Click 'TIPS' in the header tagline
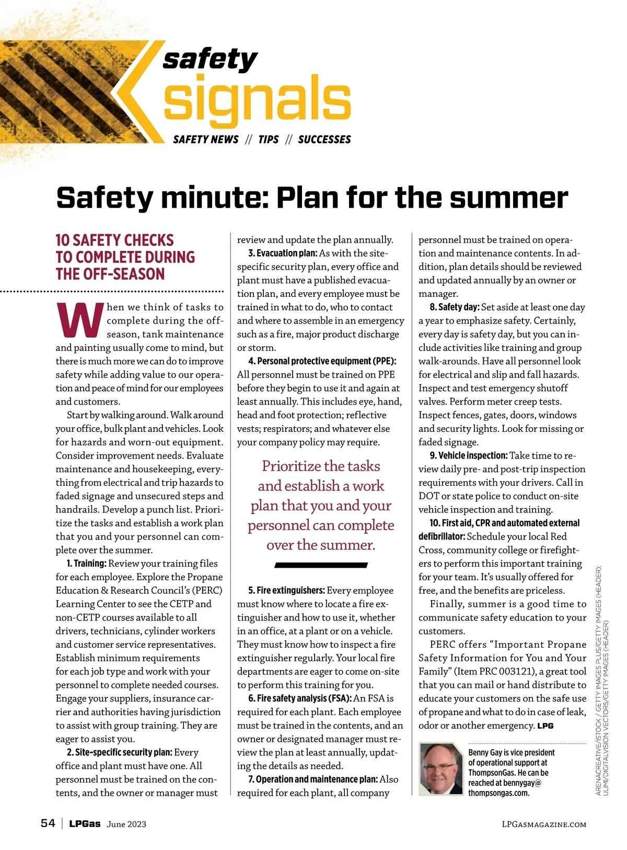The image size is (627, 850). pos(269,140)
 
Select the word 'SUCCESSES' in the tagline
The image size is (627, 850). pos(324,140)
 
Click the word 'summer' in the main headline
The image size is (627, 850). pos(508,198)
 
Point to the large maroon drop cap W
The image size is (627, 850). pos(79,320)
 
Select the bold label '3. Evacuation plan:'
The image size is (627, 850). pos(283,254)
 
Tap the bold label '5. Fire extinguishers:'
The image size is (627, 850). pos(286,591)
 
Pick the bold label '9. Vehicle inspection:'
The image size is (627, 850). pos(469,456)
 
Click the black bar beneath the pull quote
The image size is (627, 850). pos(321,565)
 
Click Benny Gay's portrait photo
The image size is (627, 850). pos(441,769)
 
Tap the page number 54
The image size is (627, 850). pos(48,823)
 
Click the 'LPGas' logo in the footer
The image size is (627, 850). pos(85,824)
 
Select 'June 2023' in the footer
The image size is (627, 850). pos(126,824)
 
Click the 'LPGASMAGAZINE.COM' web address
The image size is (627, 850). pos(544,824)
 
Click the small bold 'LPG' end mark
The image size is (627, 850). pos(545,726)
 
